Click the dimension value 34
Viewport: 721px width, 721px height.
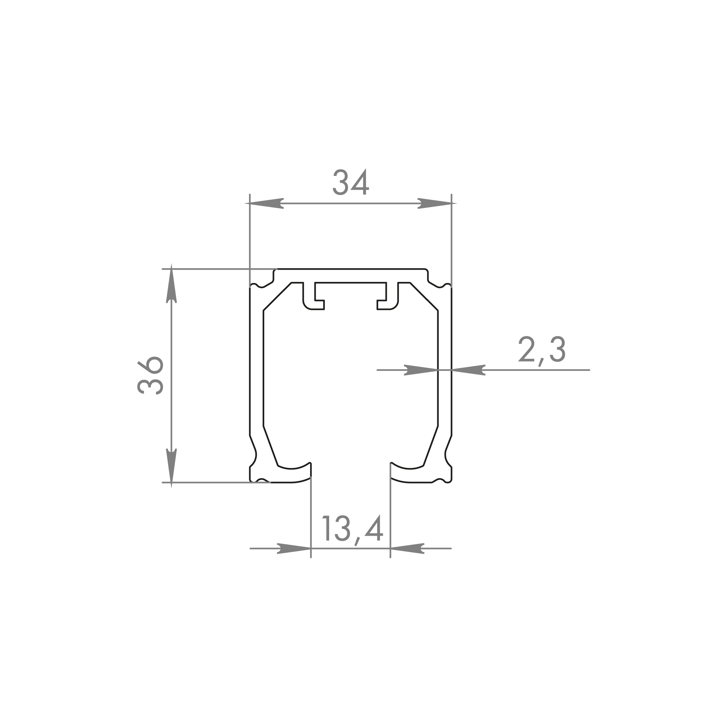click(x=350, y=182)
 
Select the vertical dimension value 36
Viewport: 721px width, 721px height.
click(x=150, y=375)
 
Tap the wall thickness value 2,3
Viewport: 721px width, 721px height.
click(x=542, y=350)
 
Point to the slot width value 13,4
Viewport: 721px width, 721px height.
click(x=353, y=530)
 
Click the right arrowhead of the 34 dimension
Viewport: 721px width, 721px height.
click(x=434, y=203)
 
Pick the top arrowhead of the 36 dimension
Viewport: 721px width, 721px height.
click(x=171, y=283)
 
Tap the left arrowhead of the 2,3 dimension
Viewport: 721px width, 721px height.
click(x=421, y=370)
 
